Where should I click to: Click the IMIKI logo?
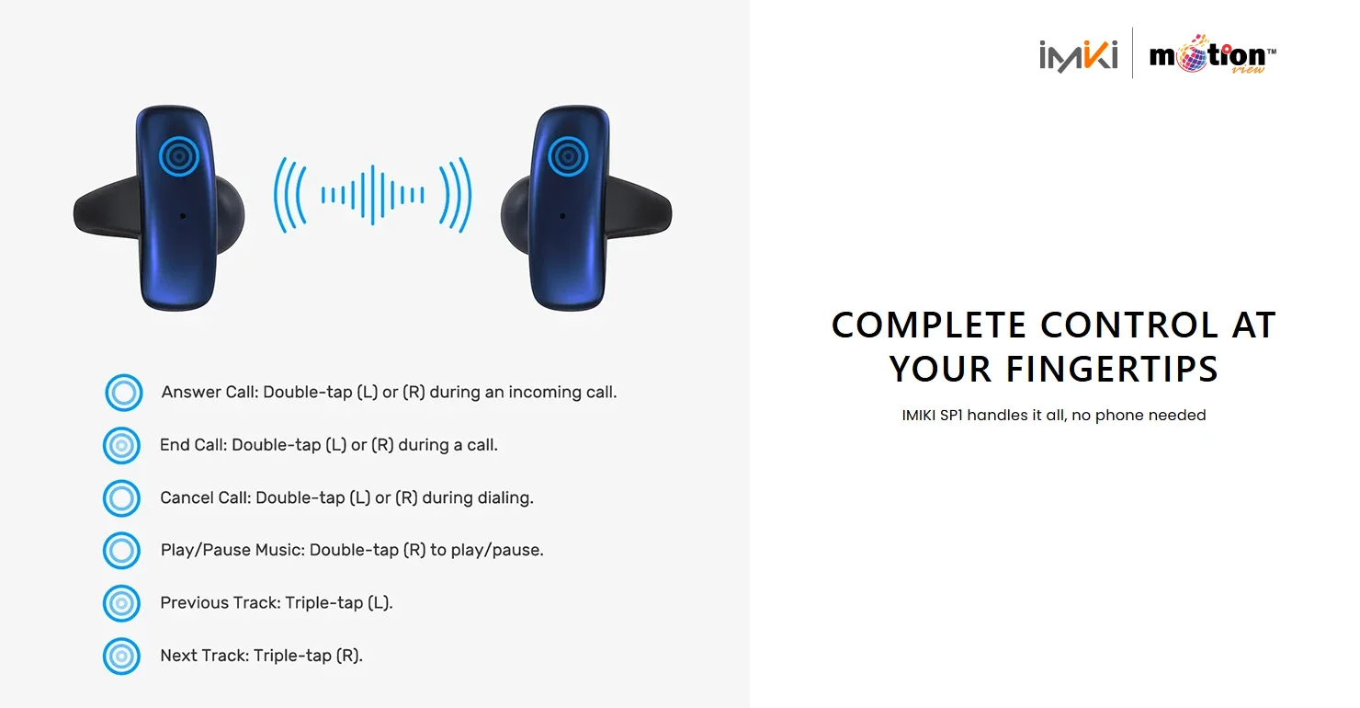pyautogui.click(x=1079, y=55)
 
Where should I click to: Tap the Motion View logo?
pyautogui.click(x=1212, y=55)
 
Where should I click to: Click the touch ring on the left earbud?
pyautogui.click(x=178, y=156)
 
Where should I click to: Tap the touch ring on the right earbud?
pyautogui.click(x=568, y=156)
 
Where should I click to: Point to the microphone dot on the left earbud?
pyautogui.click(x=182, y=216)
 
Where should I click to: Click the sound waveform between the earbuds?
pyautogui.click(x=372, y=194)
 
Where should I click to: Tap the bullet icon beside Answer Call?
pyautogui.click(x=123, y=393)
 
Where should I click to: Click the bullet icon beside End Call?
pyautogui.click(x=121, y=446)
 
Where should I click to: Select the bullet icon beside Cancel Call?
pyautogui.click(x=121, y=498)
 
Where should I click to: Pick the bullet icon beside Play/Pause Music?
pyautogui.click(x=121, y=551)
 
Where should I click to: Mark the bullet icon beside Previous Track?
pyautogui.click(x=121, y=603)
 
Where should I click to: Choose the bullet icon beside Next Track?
pyautogui.click(x=121, y=657)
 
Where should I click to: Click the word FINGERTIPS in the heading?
pyautogui.click(x=1112, y=370)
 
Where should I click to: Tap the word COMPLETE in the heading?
pyautogui.click(x=929, y=325)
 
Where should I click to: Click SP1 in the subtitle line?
pyautogui.click(x=946, y=416)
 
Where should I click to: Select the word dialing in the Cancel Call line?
pyautogui.click(x=504, y=498)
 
